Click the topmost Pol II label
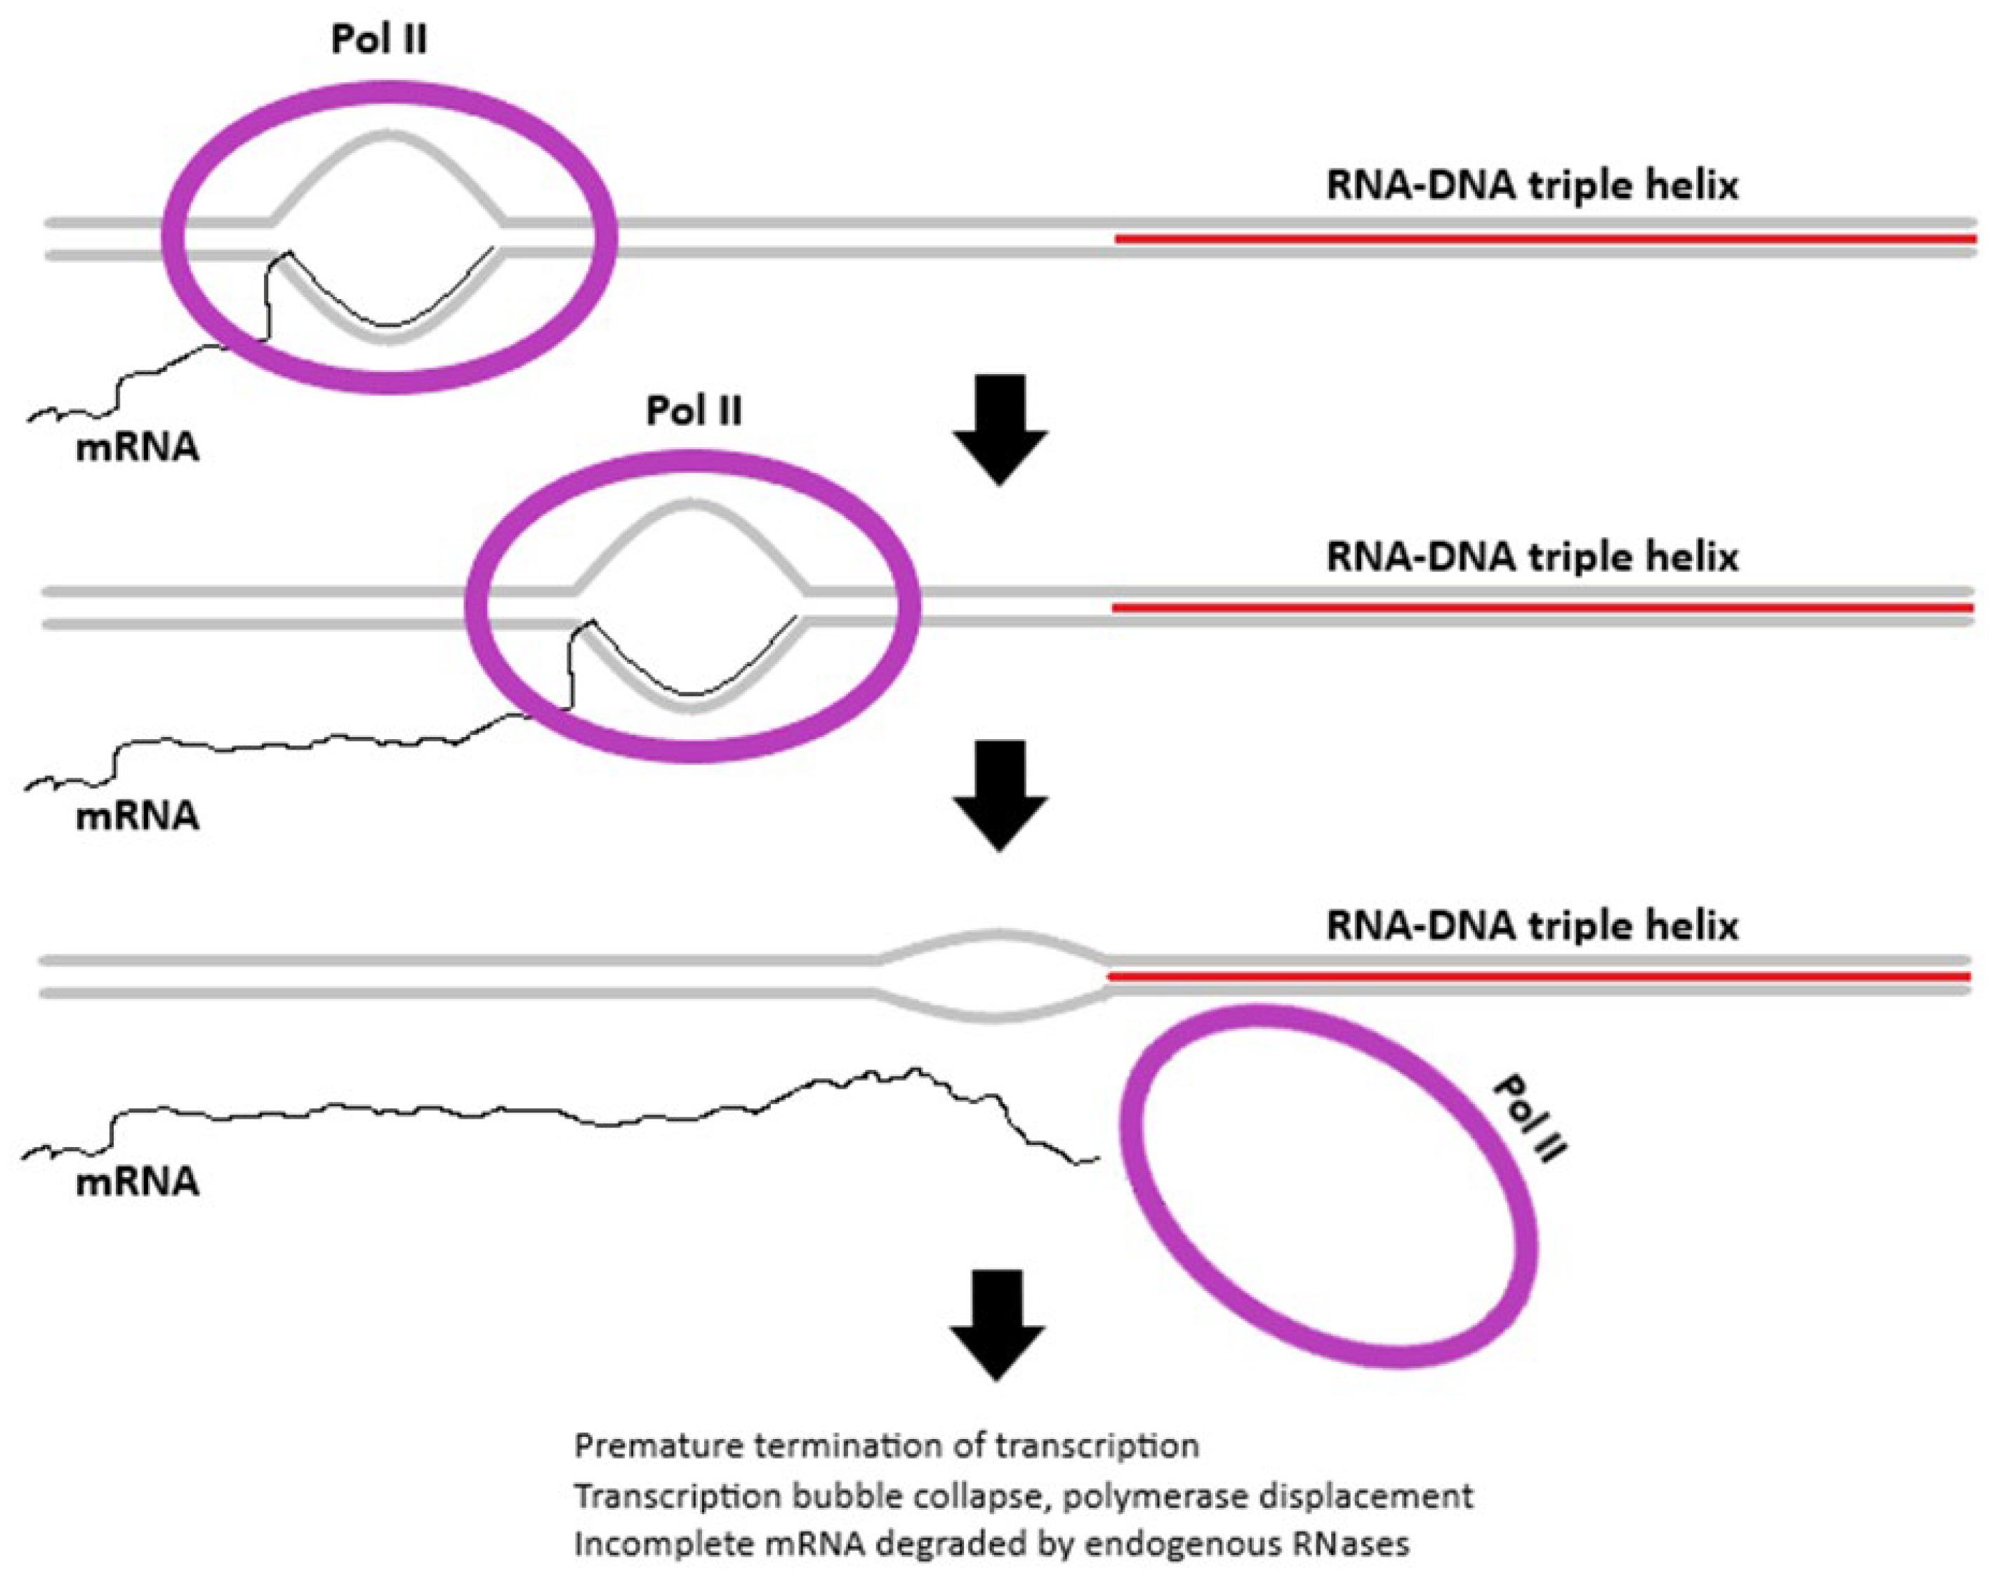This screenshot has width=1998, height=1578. point(379,40)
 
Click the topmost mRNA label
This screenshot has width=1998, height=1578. point(137,447)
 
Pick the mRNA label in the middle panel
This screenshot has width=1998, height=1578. point(137,816)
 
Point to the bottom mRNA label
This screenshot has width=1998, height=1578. point(137,1181)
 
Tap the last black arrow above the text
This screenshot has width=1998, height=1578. point(997,1324)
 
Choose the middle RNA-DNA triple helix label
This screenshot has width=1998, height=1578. point(1531,556)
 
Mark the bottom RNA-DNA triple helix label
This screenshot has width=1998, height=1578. point(1531,924)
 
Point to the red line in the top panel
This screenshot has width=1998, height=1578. point(1543,239)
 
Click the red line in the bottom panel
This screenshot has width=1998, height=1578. point(1539,976)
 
